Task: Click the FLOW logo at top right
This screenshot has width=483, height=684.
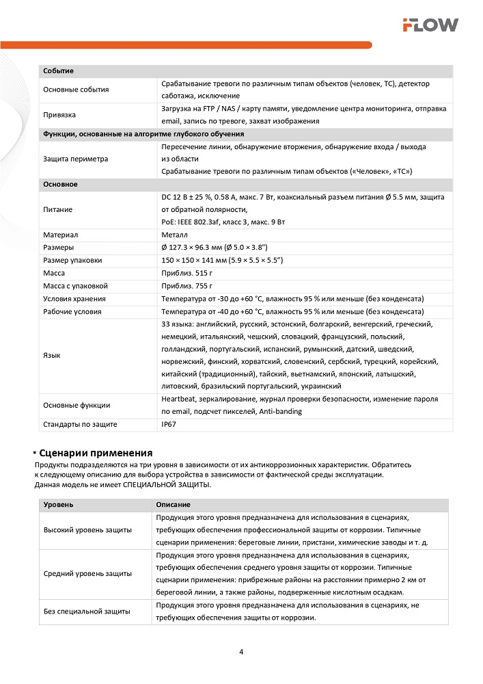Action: (430, 25)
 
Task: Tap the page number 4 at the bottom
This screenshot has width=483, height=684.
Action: (241, 651)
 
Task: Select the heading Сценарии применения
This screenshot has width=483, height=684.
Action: (96, 453)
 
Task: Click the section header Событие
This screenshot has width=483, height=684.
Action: (58, 71)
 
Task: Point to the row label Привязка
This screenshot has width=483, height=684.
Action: (59, 114)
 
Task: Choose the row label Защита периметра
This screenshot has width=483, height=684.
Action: (75, 159)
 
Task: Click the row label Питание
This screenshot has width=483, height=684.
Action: (57, 209)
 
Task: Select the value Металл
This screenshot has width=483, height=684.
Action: (174, 235)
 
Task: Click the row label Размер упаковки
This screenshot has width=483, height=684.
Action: (72, 260)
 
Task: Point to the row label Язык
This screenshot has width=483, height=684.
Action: (51, 356)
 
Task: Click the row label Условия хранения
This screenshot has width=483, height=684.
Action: (74, 299)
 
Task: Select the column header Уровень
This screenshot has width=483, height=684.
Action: (59, 504)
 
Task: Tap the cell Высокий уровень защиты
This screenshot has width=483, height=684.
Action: (88, 529)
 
